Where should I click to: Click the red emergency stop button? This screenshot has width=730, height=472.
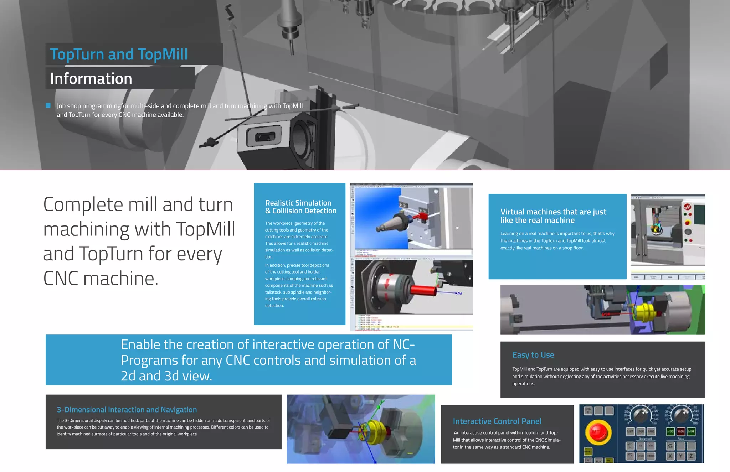(x=598, y=432)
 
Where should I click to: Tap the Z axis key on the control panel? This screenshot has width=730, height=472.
(x=691, y=456)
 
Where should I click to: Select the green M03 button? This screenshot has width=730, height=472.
(x=670, y=432)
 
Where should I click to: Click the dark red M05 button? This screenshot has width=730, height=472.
(x=681, y=432)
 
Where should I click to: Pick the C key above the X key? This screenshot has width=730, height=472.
(x=670, y=446)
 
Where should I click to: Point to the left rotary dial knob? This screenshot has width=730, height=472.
(x=641, y=415)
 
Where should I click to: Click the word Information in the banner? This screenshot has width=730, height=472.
(x=91, y=78)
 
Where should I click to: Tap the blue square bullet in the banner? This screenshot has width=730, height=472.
(x=48, y=105)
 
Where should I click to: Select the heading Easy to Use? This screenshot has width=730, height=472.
(x=533, y=355)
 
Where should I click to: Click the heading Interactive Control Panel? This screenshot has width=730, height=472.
(x=497, y=421)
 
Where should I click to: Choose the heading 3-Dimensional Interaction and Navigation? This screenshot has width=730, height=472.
(x=127, y=410)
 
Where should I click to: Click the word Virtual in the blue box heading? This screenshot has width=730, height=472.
(x=512, y=212)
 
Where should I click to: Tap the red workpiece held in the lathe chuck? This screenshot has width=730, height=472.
(x=423, y=289)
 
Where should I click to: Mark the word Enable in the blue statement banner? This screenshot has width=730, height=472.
(x=140, y=344)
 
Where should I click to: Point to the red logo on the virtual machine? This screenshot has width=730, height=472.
(x=688, y=207)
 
